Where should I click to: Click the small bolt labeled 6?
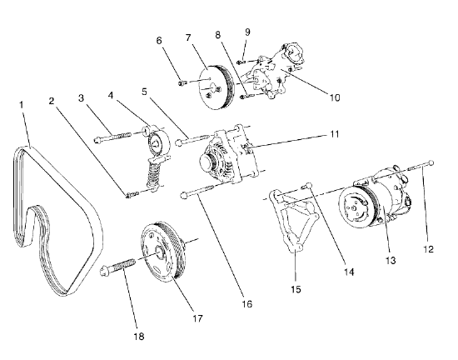click(x=181, y=82)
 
